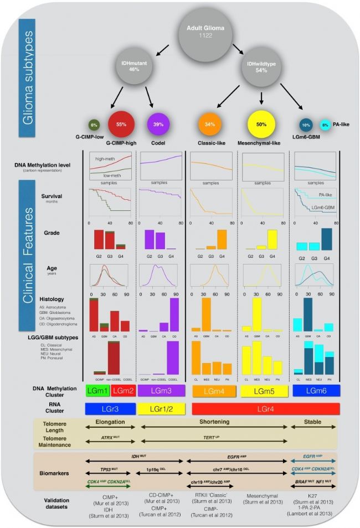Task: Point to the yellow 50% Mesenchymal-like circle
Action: tap(260, 125)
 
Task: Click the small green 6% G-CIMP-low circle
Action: tap(95, 125)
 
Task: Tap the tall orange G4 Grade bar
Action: tap(222, 239)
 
